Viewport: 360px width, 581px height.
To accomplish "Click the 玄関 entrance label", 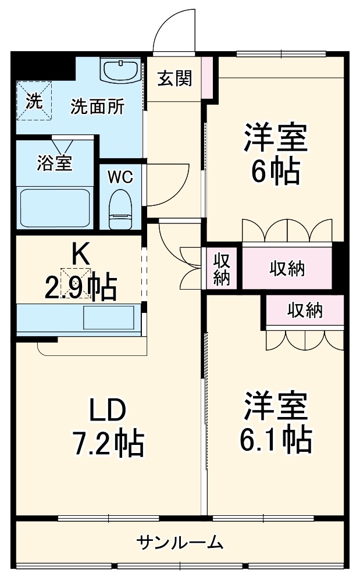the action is coord(174,78).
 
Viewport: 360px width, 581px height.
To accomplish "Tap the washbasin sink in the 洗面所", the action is coord(121,70).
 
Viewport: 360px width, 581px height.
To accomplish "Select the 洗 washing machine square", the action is coord(34,101).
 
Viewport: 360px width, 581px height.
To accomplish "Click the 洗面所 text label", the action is coord(97,106).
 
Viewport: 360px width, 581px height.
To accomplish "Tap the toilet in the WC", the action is coord(121,209).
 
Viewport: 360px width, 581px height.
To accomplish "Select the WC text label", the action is coord(120,177).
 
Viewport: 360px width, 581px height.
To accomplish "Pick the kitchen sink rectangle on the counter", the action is coord(109,318).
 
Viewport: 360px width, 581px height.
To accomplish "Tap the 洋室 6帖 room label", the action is coord(275,153).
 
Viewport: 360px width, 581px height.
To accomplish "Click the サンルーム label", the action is coord(180,543).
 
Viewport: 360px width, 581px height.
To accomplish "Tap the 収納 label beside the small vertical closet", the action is coord(287,268).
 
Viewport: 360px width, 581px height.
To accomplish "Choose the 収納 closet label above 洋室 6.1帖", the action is coord(305,310).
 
